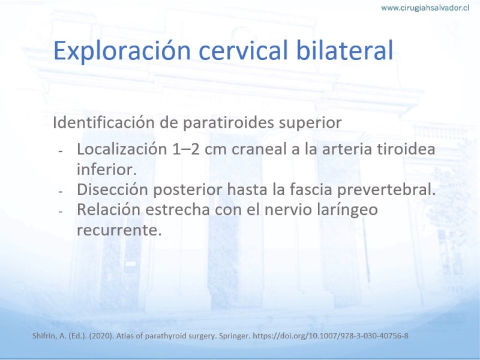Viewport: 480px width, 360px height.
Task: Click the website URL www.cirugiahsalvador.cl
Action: click(x=425, y=8)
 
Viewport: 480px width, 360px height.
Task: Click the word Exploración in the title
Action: click(x=122, y=51)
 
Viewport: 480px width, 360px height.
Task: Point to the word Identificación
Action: click(x=104, y=122)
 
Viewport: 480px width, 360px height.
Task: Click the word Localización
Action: click(x=122, y=149)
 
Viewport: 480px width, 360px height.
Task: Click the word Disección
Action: click(x=112, y=190)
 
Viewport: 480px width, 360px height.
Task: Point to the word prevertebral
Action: click(x=386, y=190)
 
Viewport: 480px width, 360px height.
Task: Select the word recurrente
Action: click(x=119, y=230)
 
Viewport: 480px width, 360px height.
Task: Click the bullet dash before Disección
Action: click(x=61, y=191)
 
